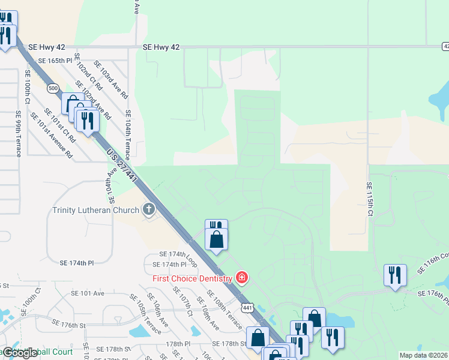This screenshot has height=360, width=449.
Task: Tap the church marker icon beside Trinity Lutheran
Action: click(x=148, y=210)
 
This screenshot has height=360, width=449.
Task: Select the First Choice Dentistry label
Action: click(x=192, y=278)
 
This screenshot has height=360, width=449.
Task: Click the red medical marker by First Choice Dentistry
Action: click(x=241, y=278)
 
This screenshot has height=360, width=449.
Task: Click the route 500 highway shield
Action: click(x=53, y=88)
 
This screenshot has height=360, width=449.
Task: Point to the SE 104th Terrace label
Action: click(x=128, y=134)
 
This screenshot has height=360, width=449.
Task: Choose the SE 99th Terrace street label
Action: click(x=19, y=134)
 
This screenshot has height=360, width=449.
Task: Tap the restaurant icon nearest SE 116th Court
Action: click(x=395, y=275)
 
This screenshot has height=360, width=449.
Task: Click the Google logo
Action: click(x=20, y=353)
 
